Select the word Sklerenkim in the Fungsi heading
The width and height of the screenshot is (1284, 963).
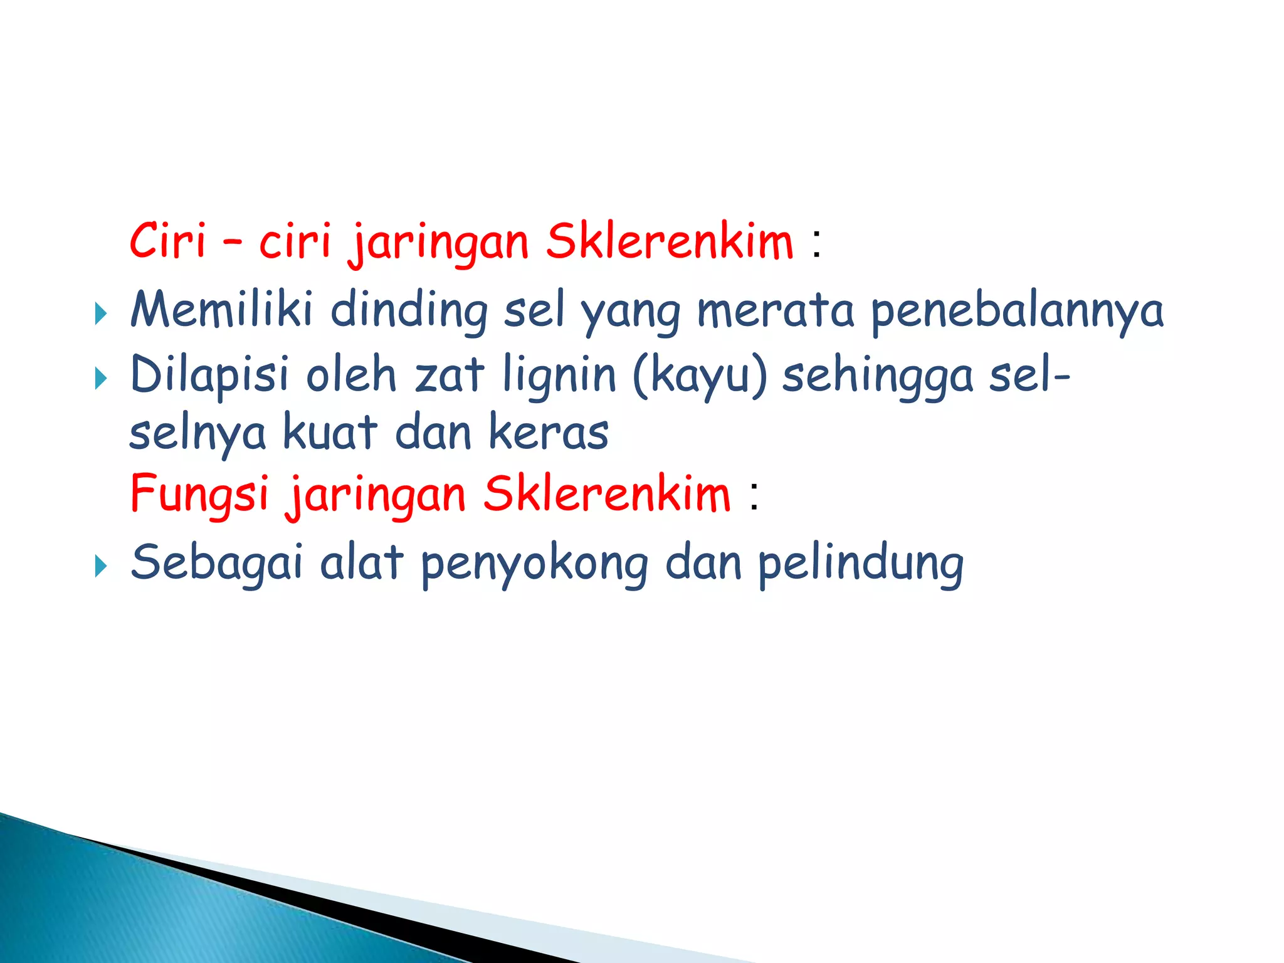pos(607,494)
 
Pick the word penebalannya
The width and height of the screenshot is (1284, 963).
pos(1017,312)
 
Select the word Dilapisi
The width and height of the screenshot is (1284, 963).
pos(210,375)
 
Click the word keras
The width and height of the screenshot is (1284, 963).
pos(549,433)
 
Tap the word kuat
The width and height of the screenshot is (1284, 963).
pos(330,433)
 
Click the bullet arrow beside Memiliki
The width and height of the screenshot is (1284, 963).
pos(100,313)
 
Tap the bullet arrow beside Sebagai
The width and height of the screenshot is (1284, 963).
pos(100,566)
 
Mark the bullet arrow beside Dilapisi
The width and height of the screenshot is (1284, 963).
pos(100,378)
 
